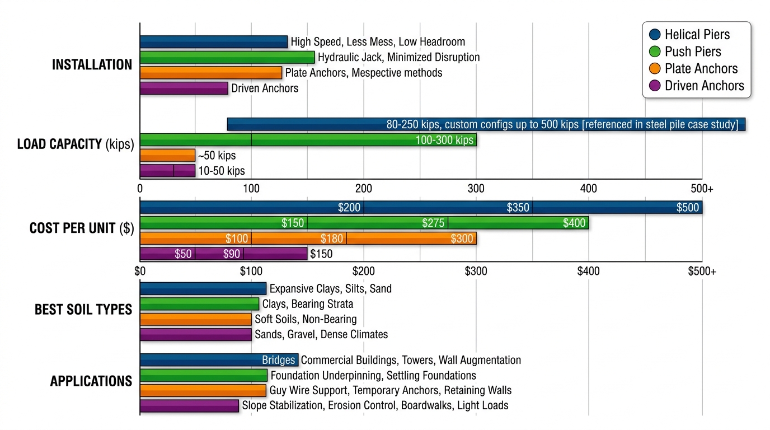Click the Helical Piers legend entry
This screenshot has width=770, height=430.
click(697, 35)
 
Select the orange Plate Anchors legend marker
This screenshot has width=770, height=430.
click(655, 69)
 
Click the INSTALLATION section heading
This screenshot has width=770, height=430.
click(92, 65)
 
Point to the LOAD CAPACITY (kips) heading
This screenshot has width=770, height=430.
click(76, 144)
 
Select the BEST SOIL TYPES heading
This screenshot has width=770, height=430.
click(83, 310)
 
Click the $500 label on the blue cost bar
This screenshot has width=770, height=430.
click(687, 208)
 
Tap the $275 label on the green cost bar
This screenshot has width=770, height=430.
click(434, 223)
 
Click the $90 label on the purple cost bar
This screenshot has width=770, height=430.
click(232, 254)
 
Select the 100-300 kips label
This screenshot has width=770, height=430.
click(444, 140)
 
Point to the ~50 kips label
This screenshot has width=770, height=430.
click(217, 156)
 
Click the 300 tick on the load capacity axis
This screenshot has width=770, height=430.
click(476, 189)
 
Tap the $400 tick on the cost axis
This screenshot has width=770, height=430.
click(588, 272)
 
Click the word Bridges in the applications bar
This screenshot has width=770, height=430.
click(278, 360)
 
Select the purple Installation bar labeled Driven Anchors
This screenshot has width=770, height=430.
click(184, 88)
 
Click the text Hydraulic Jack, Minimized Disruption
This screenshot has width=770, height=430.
click(398, 57)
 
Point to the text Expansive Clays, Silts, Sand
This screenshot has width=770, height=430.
click(330, 289)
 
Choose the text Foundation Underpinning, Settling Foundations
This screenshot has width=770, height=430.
click(373, 376)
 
